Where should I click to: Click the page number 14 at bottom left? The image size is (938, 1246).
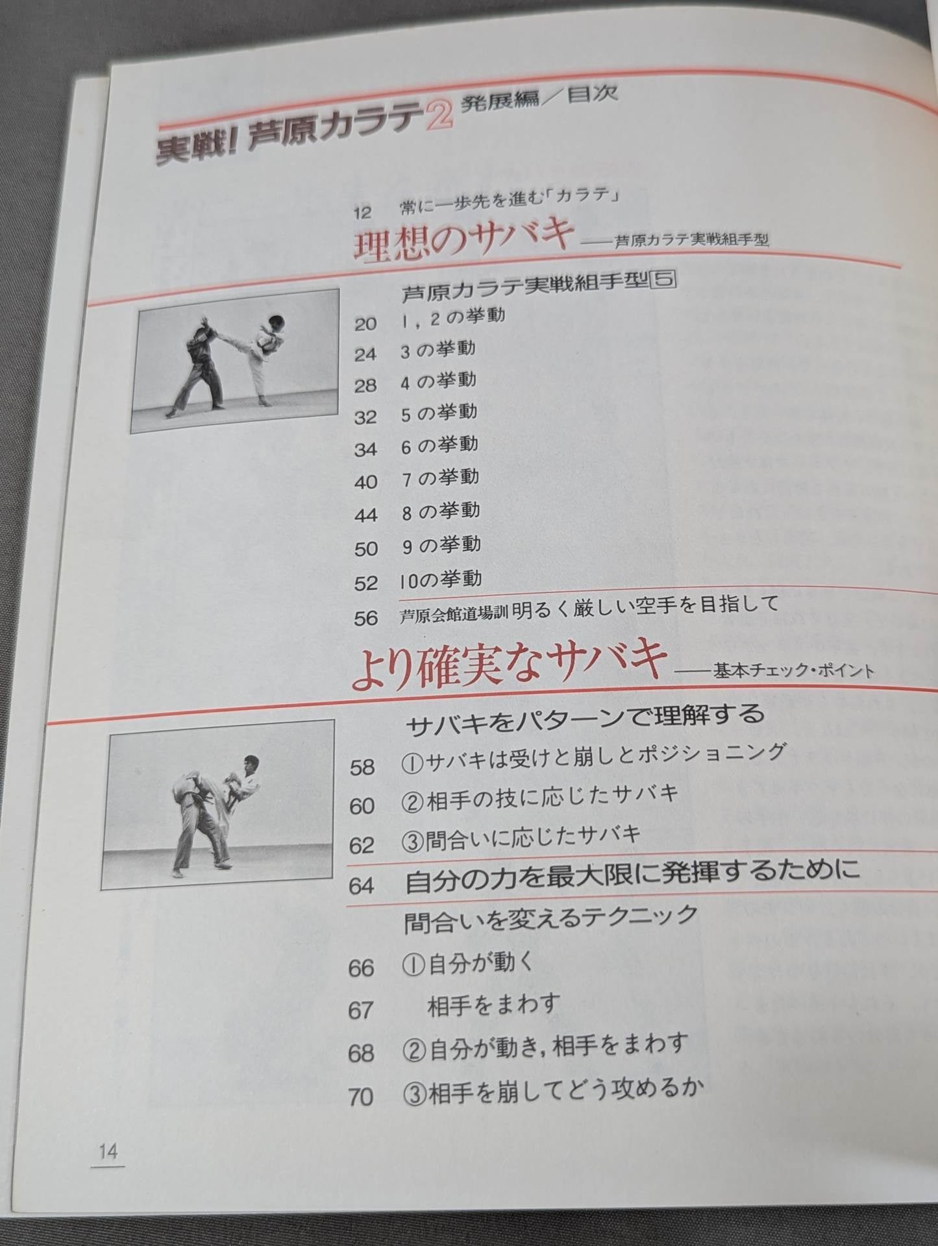pyautogui.click(x=108, y=1152)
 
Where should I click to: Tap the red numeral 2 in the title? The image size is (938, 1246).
pyautogui.click(x=439, y=121)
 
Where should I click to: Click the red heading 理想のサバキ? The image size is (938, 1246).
pyautogui.click(x=463, y=239)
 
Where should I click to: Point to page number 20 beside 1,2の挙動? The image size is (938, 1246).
pyautogui.click(x=365, y=323)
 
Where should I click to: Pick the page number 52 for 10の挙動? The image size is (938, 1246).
pyautogui.click(x=365, y=583)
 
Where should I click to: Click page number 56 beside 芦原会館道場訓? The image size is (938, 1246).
pyautogui.click(x=365, y=617)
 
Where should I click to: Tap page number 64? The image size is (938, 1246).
pyautogui.click(x=361, y=885)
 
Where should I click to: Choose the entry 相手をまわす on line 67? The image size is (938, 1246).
pyautogui.click(x=493, y=1005)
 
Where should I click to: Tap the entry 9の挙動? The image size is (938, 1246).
pyautogui.click(x=441, y=545)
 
